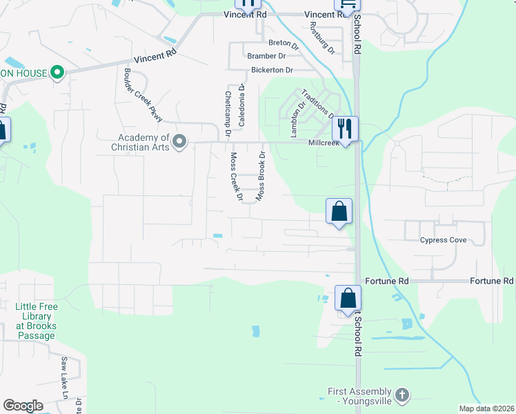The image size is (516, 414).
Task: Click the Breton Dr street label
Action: point(283,43)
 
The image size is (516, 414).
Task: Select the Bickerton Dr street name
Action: point(272,70)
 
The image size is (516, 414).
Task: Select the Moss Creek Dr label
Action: point(236,177)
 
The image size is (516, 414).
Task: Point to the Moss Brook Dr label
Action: point(261,177)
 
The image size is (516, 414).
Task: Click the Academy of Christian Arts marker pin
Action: point(180,143)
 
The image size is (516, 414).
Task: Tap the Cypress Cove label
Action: point(444,240)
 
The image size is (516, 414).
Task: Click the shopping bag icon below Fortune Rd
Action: point(348,299)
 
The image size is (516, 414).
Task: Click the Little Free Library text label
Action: point(37,321)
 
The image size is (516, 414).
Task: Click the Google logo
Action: point(23,406)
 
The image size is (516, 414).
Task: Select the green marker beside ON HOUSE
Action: point(58,73)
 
